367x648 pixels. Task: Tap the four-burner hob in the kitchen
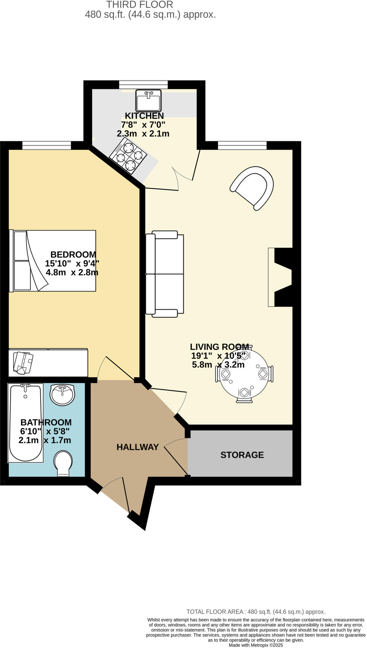[x=128, y=156]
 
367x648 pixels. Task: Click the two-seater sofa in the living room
[x=165, y=274]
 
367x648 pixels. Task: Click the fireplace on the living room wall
[x=280, y=277]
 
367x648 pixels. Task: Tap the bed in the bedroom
[x=53, y=261]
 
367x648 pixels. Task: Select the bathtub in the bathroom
[x=26, y=423]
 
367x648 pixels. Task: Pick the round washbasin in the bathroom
[x=62, y=395]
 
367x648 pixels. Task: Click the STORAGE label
[x=242, y=455]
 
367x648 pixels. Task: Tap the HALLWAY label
[x=138, y=447]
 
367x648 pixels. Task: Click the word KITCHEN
[x=144, y=116]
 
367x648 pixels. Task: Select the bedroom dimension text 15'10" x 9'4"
[x=72, y=263]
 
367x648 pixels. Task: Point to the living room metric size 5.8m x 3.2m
[x=218, y=365]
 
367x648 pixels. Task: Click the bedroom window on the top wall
[x=47, y=145]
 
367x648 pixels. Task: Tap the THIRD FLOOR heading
[x=140, y=5]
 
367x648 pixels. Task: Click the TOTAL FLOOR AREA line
[x=256, y=612]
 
